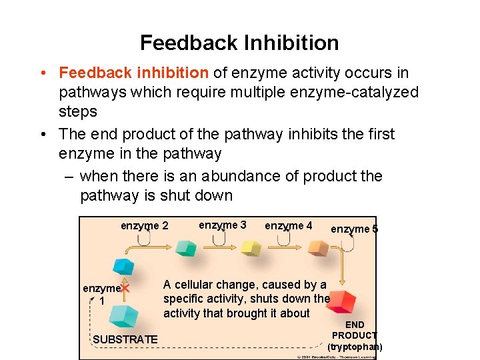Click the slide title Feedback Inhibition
tap(239, 43)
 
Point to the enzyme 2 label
tap(144, 226)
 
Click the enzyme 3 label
tap(223, 225)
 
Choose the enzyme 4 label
tap(288, 226)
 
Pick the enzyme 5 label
tap(354, 229)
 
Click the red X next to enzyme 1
tap(125, 289)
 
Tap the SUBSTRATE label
tap(125, 340)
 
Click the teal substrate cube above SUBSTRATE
tap(124, 315)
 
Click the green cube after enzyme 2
tap(186, 249)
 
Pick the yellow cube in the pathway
tap(251, 249)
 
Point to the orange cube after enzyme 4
tap(318, 249)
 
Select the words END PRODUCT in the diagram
tap(355, 330)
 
